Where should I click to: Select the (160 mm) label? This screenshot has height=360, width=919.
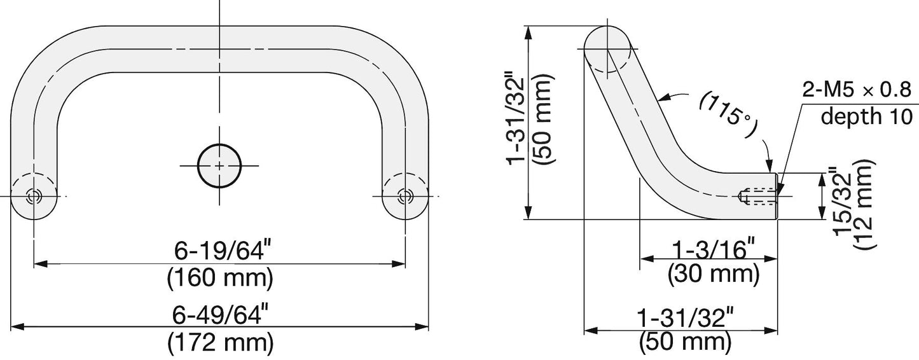point(220,279)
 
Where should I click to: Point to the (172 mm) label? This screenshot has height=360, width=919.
point(220,343)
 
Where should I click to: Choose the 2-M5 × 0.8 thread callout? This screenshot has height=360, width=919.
point(857,90)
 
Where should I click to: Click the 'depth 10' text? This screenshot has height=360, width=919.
point(866,116)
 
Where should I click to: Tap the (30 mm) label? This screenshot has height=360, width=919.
point(714,273)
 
